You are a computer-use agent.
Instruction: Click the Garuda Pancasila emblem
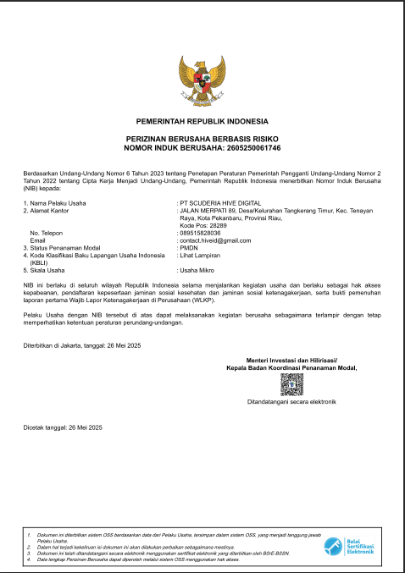pos(202,82)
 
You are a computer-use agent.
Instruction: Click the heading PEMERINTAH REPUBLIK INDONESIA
pos(202,123)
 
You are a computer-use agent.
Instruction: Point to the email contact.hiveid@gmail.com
pos(215,240)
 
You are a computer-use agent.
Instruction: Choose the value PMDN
pos(187,247)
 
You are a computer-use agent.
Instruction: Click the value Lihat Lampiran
pos(198,255)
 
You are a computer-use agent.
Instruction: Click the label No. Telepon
pos(47,233)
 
